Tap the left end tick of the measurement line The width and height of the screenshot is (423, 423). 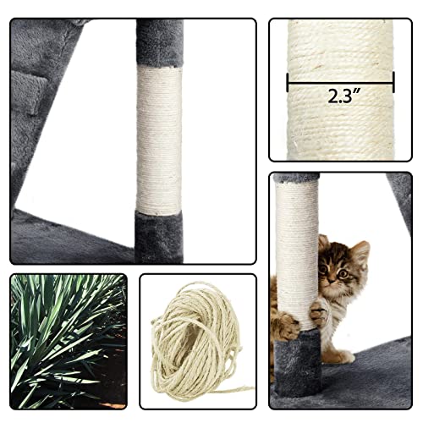point(288,82)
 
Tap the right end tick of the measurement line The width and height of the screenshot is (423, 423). point(393,82)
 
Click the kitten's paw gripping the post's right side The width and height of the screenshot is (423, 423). point(318,315)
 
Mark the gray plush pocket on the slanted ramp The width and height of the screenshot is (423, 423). point(29,102)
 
